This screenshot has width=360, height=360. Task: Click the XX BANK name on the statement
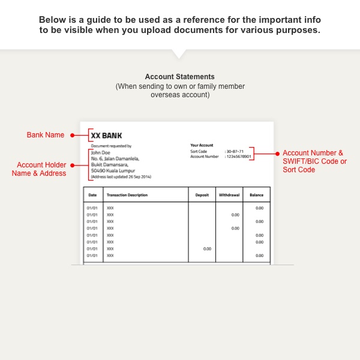pos(107,136)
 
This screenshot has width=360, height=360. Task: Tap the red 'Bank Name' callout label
pos(46,135)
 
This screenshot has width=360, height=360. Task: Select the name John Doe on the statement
pos(100,152)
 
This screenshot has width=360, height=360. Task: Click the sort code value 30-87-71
pos(235,151)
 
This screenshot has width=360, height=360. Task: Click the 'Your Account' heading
pos(202,145)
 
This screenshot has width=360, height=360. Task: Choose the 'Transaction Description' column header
pos(127,195)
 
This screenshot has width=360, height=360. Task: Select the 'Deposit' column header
pos(202,195)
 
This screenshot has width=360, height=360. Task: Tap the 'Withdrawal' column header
pos(228,195)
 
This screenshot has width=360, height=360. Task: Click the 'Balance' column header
pos(257,195)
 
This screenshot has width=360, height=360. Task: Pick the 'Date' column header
pos(92,195)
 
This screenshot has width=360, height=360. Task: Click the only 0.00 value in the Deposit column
pos(207,248)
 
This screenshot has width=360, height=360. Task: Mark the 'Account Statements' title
pos(179,77)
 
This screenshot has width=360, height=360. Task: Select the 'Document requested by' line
pos(111,146)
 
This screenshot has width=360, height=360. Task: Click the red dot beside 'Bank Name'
pos(72,135)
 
